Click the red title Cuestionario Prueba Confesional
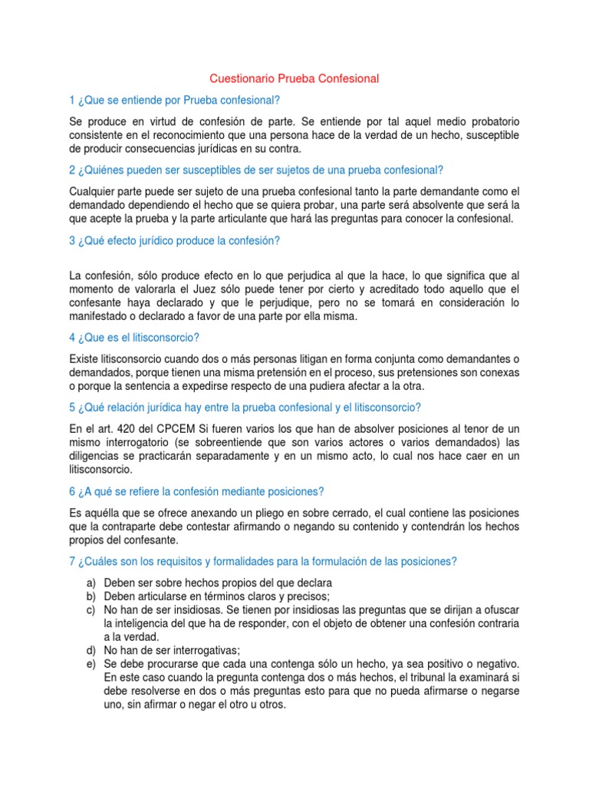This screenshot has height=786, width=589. (x=294, y=78)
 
